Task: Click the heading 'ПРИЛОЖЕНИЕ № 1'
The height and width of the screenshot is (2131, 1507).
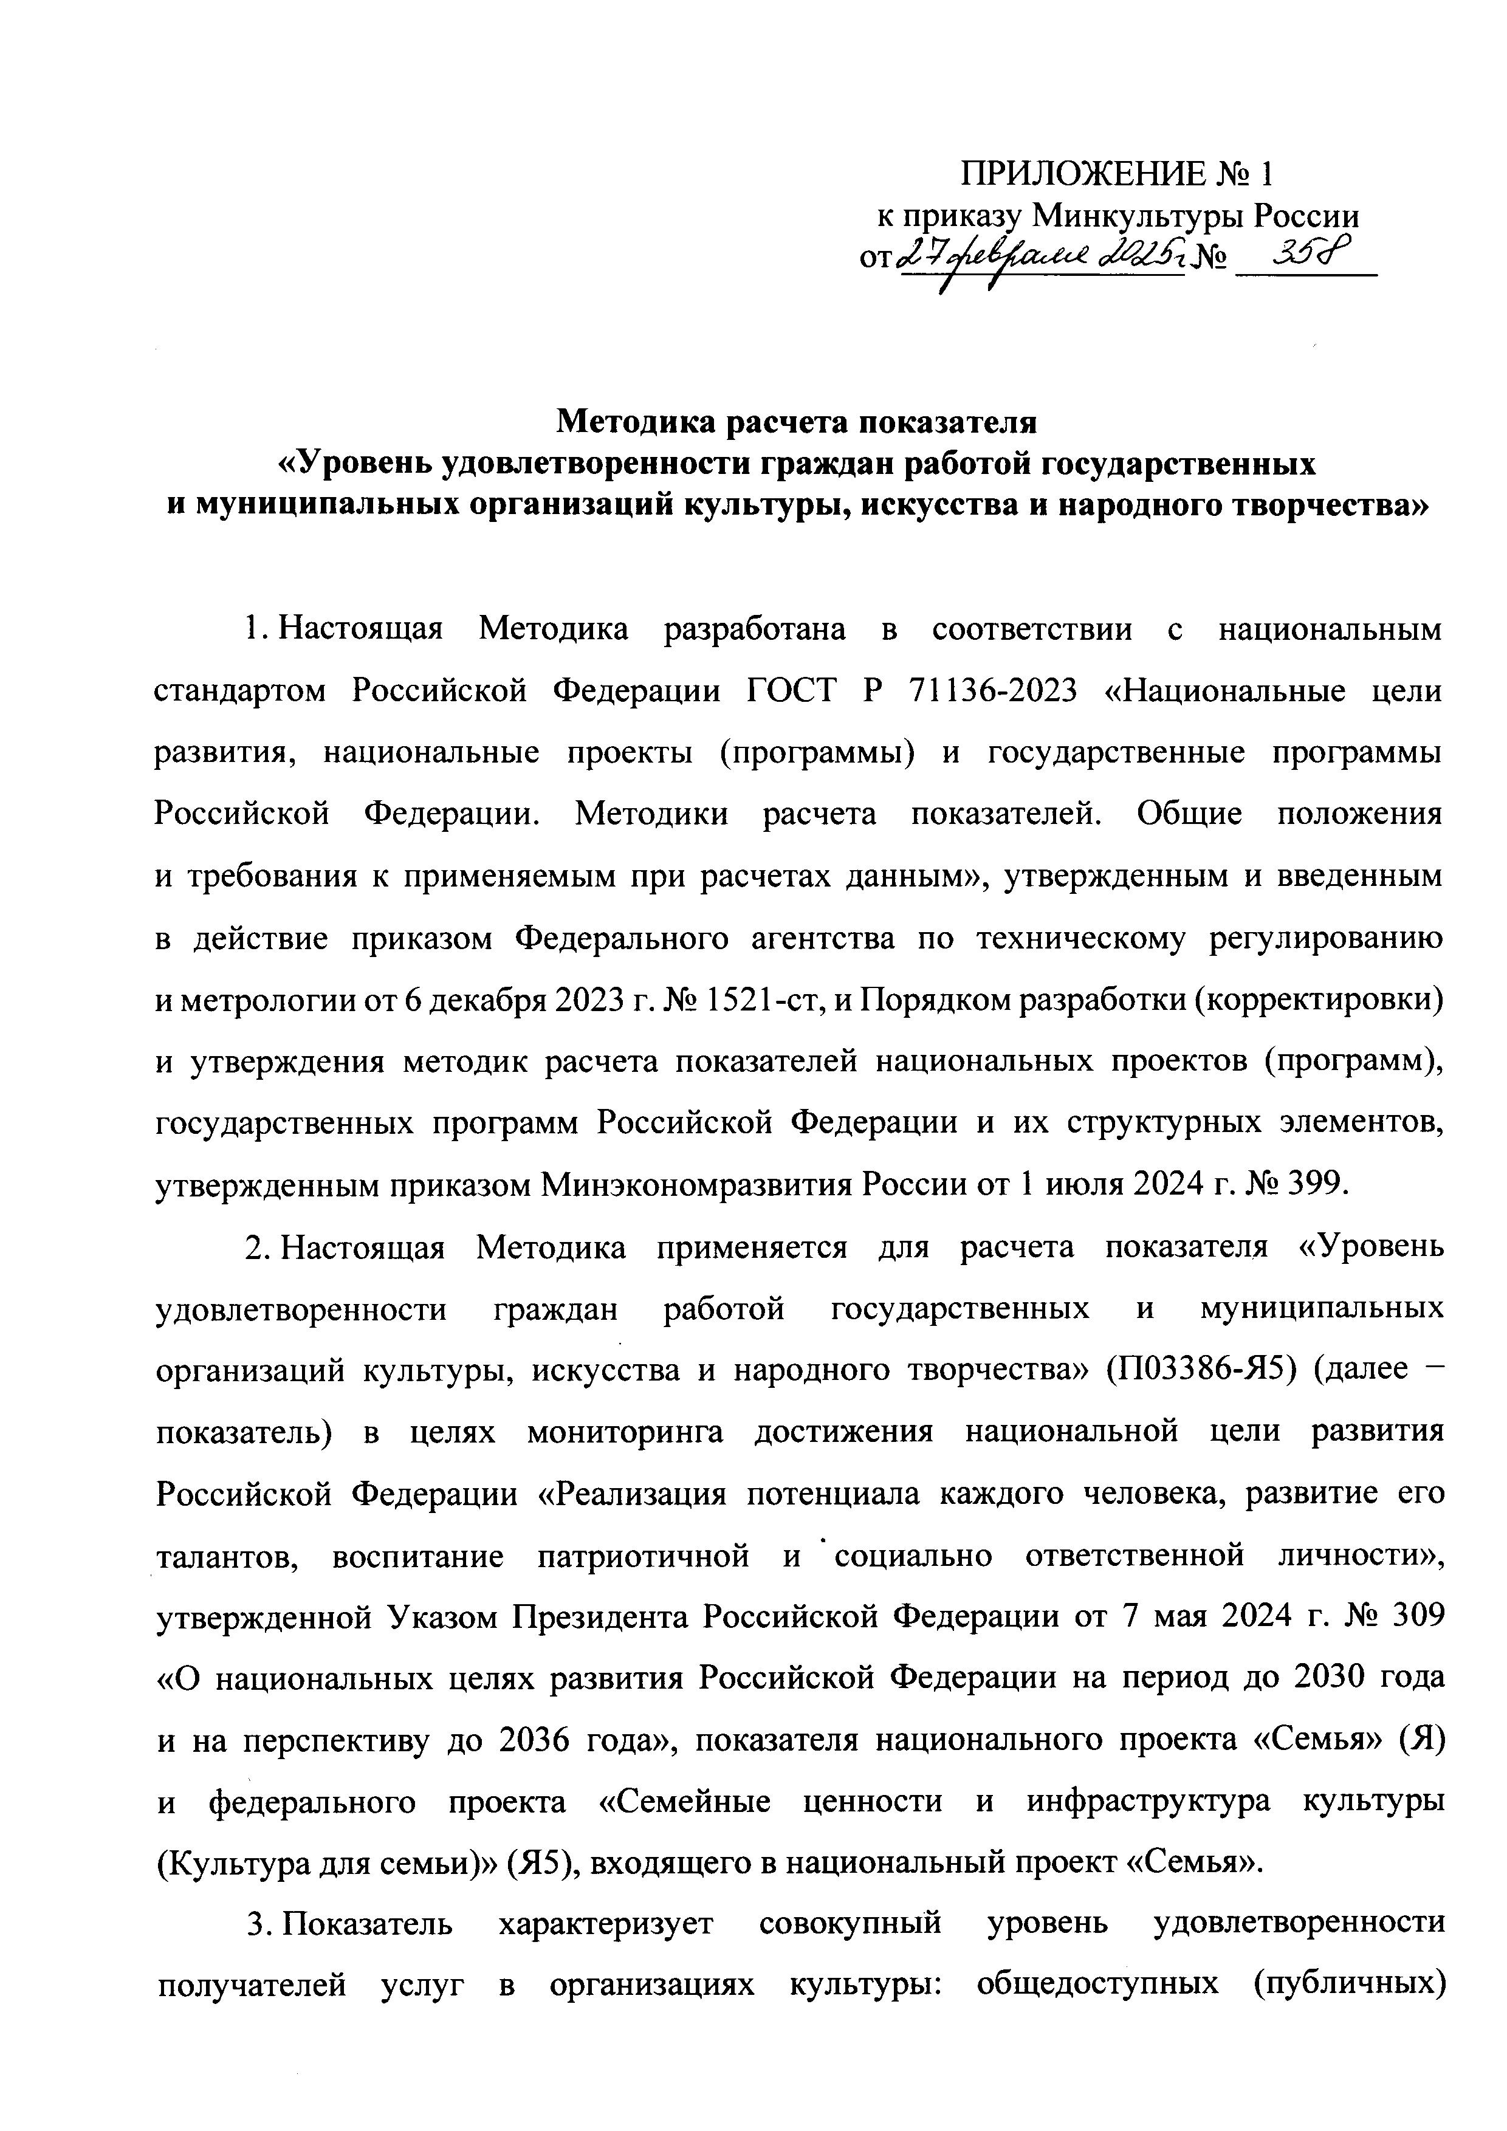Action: click(1118, 174)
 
